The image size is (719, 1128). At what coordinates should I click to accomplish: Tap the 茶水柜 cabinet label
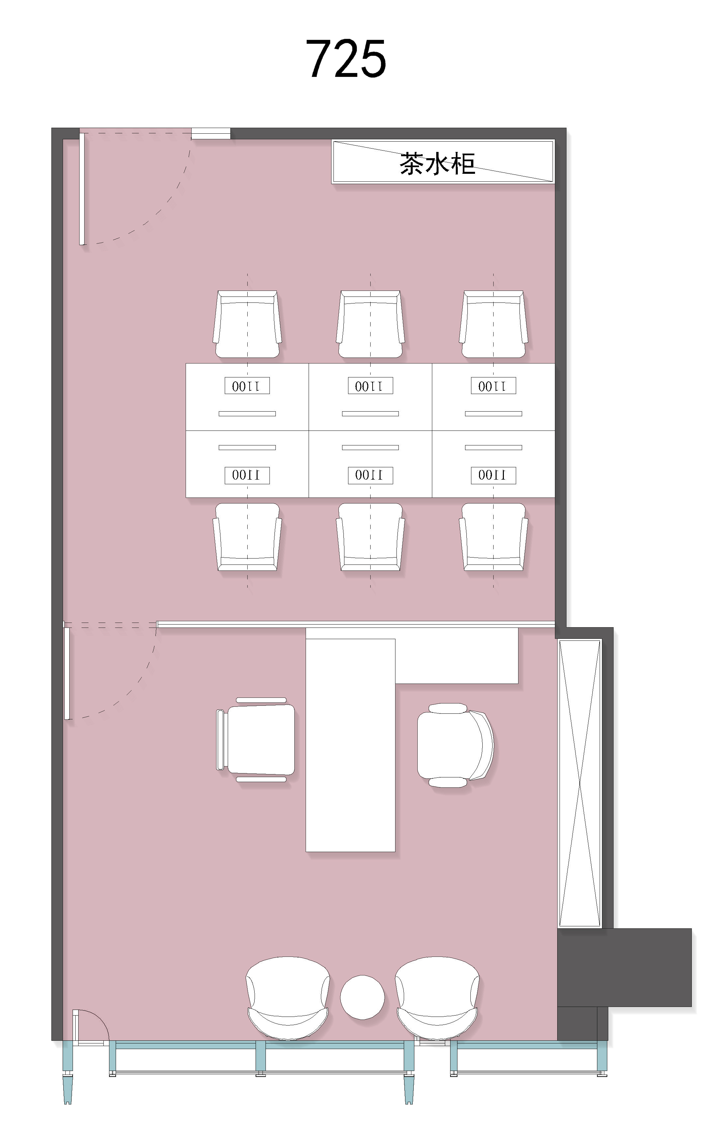(x=438, y=164)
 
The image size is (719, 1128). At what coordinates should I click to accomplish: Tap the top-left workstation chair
(x=247, y=324)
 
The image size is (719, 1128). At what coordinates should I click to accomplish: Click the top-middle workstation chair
(x=370, y=324)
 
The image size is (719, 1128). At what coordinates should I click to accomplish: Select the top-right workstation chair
(x=493, y=324)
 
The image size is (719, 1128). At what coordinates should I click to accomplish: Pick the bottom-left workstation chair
(x=247, y=537)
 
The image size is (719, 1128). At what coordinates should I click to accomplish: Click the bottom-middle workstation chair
(x=370, y=537)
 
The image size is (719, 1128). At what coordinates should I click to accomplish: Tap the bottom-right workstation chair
(x=493, y=537)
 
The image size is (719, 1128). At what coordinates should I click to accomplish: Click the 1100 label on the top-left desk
(x=247, y=385)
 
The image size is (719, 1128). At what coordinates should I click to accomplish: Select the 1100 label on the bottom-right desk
(x=493, y=475)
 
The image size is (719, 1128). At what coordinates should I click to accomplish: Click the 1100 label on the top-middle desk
(x=370, y=385)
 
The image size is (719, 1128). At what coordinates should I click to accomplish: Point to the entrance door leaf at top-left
(x=82, y=189)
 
